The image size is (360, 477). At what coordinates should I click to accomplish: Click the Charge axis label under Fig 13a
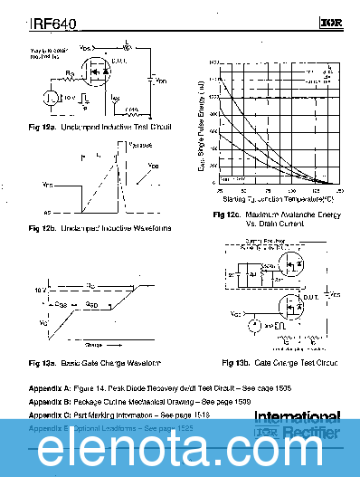pyautogui.click(x=93, y=345)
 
